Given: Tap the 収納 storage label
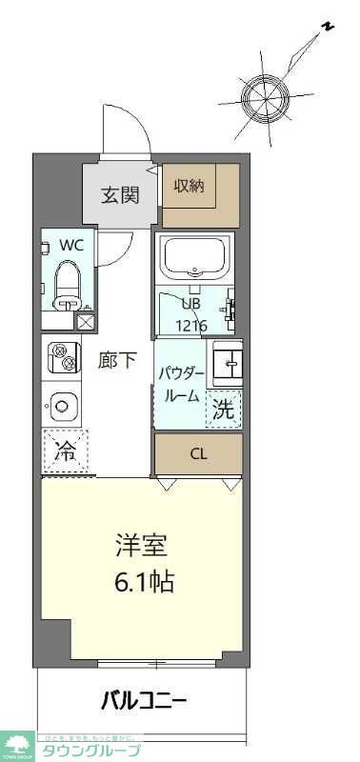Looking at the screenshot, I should (189, 186).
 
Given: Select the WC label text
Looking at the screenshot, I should (71, 244).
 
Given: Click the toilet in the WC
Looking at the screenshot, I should (68, 283).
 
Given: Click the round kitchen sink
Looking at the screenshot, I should (62, 407).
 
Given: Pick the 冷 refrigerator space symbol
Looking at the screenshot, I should (65, 451).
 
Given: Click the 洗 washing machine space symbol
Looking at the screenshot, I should (224, 411).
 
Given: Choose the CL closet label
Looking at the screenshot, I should (198, 453).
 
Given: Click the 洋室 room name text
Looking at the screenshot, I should (141, 547).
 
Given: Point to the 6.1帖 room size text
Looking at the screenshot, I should (141, 580).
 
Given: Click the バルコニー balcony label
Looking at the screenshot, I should (144, 703).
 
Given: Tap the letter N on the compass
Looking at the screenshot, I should (327, 28).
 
